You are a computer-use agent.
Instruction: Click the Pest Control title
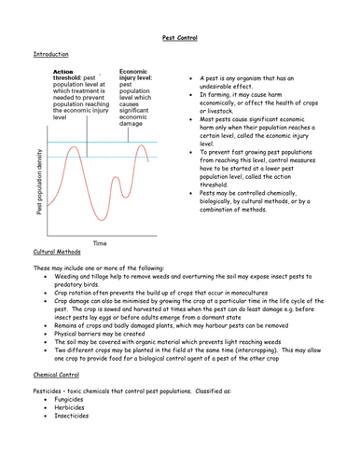pos(179,40)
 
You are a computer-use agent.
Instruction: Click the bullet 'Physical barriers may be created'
pos(106,332)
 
